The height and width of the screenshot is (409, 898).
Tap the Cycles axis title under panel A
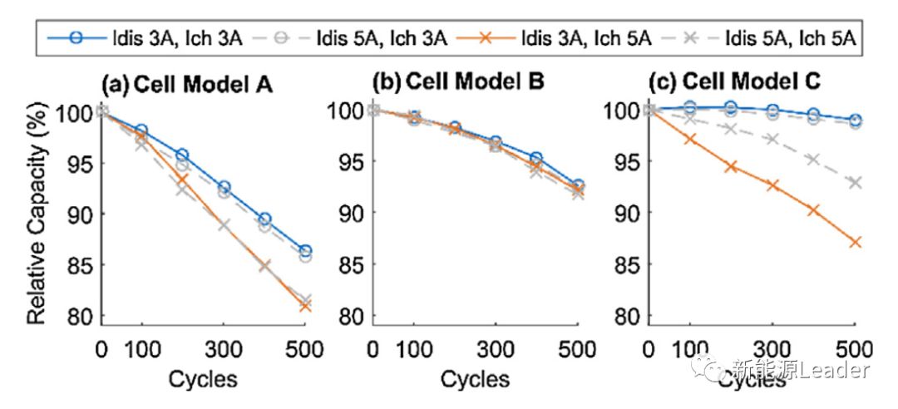click(203, 379)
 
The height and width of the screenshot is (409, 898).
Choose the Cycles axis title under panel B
click(475, 379)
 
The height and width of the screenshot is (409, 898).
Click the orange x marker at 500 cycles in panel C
click(854, 242)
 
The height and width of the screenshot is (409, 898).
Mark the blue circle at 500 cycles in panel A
click(305, 251)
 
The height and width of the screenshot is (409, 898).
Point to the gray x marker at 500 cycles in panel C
click(854, 182)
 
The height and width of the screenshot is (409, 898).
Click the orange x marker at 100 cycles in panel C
click(690, 140)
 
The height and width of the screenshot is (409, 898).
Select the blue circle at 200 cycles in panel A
click(182, 155)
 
